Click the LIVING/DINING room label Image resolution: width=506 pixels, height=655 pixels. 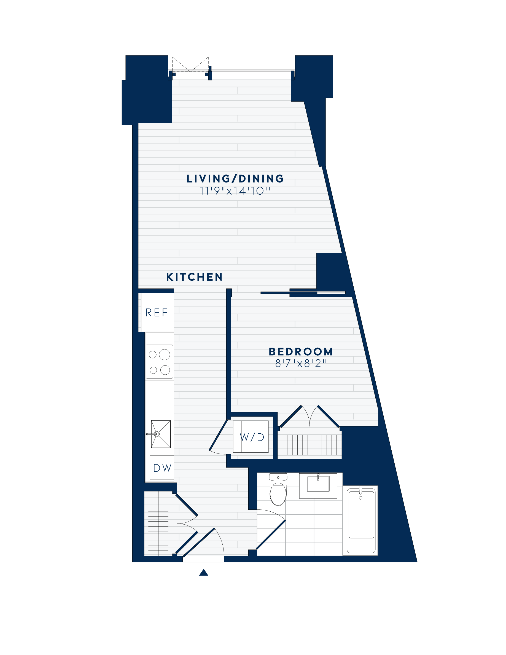tap(235, 179)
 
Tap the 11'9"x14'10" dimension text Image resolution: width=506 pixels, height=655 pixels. tap(235, 191)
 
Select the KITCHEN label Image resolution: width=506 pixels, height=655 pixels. tap(194, 277)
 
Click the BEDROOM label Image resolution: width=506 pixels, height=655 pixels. tap(301, 351)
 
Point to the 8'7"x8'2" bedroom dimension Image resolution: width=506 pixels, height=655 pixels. tap(301, 364)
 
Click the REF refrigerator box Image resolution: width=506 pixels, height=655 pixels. tap(157, 312)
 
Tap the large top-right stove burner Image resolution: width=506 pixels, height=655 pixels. tap(165, 355)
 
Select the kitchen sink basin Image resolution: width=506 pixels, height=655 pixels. tap(161, 434)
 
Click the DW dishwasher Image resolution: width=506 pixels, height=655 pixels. tap(162, 468)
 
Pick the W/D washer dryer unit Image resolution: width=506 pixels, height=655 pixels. tap(251, 437)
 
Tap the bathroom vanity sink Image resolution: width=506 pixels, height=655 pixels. tap(318, 484)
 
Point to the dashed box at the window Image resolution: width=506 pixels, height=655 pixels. tap(190, 64)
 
